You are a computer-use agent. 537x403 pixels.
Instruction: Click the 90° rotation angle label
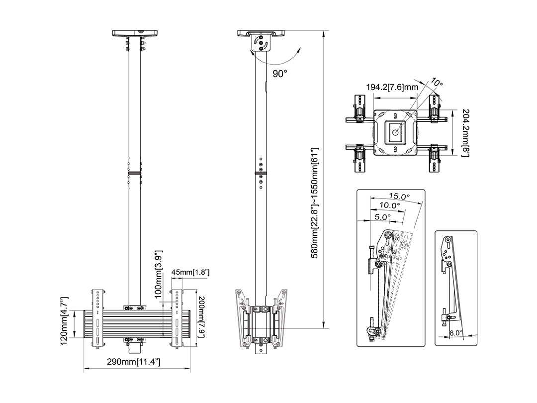click(x=280, y=74)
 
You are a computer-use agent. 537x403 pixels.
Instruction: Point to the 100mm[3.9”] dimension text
click(x=159, y=274)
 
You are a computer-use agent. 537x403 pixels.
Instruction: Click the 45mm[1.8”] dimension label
click(x=190, y=272)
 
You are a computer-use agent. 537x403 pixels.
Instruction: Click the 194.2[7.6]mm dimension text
click(x=392, y=87)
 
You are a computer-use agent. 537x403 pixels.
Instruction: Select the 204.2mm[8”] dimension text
click(x=465, y=133)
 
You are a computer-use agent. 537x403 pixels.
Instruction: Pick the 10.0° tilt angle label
click(x=390, y=205)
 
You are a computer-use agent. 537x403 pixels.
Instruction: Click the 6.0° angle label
click(x=456, y=332)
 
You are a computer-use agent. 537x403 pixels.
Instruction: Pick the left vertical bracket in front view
click(x=97, y=317)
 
